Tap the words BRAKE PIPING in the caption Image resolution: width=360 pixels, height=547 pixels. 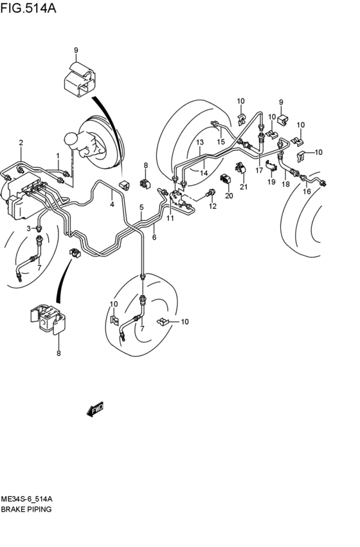pos(26,508)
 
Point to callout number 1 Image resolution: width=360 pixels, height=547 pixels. pos(57,156)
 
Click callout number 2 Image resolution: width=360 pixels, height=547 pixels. pos(21,142)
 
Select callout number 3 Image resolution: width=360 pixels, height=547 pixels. pos(28,228)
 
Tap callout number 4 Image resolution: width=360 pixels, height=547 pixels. pos(112,205)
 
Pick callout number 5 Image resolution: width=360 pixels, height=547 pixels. pos(141,207)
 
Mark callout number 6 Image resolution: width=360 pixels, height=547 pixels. pos(154,237)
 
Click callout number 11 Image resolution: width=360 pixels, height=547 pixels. pos(170,219)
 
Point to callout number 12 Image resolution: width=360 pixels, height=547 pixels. pos(213,206)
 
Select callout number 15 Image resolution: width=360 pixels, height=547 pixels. pos(221,141)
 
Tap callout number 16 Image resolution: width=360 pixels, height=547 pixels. pos(307,192)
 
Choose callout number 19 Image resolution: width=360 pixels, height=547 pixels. pos(271,183)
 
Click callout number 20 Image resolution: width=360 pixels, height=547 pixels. pos(228,195)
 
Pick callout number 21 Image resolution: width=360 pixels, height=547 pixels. pos(244,187)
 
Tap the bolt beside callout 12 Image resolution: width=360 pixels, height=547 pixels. pos(210,193)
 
